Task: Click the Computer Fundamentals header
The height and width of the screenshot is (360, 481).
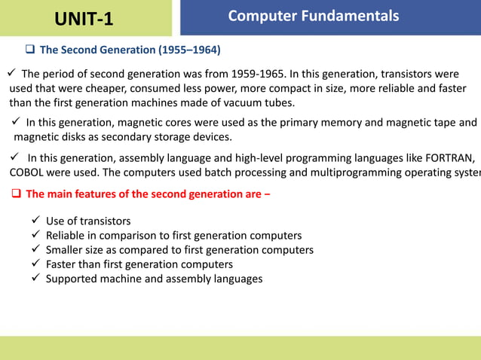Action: pyautogui.click(x=313, y=16)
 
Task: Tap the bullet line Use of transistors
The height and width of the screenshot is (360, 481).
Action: pyautogui.click(x=87, y=221)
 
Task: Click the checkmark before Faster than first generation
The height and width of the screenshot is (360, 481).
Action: pyautogui.click(x=35, y=264)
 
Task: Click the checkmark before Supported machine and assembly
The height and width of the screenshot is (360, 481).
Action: pyautogui.click(x=35, y=279)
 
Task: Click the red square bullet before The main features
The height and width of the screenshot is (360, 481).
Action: pyautogui.click(x=16, y=194)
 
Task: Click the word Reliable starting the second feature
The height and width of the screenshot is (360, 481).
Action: pyautogui.click(x=66, y=236)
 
